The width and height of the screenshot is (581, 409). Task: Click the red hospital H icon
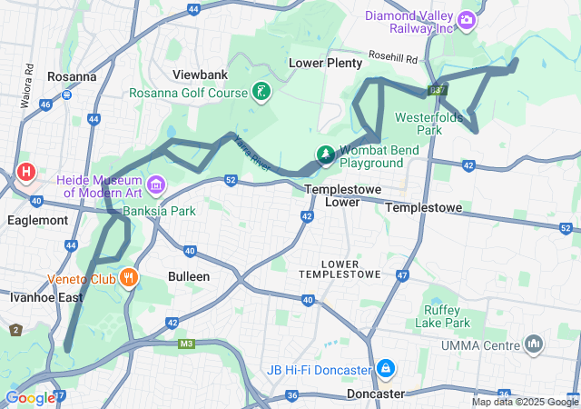(25, 171)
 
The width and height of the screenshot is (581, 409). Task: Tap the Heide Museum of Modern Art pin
(156, 186)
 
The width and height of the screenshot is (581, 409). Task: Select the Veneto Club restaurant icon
(131, 277)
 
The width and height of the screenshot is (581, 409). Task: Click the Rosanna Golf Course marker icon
(261, 92)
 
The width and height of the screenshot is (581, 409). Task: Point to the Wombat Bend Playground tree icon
(325, 155)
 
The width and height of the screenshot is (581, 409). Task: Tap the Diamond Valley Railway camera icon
(467, 19)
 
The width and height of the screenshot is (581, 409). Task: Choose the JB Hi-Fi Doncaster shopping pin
(386, 369)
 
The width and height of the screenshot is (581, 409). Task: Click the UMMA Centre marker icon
(534, 344)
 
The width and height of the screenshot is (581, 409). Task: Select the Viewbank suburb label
(201, 75)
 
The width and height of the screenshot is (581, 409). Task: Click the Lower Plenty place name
(325, 63)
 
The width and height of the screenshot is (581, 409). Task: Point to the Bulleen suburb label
(189, 275)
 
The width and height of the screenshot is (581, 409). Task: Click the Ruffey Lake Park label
(443, 315)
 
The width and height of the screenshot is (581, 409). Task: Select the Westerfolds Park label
(430, 124)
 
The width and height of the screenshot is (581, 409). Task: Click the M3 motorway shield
(187, 344)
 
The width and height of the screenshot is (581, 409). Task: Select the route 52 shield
(231, 181)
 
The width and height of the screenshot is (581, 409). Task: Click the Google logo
(30, 397)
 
